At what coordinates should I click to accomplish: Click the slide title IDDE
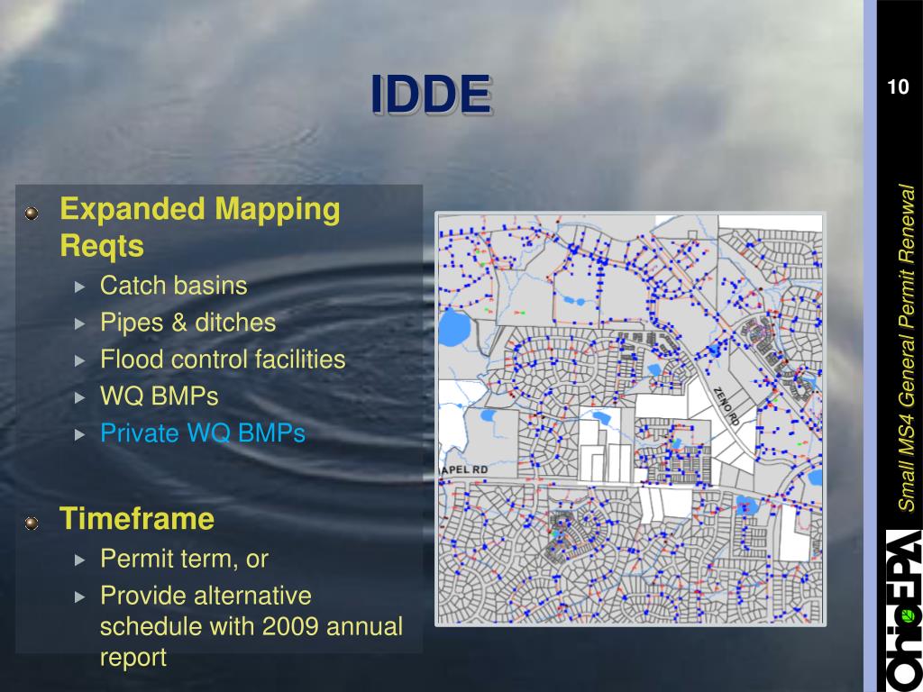432,96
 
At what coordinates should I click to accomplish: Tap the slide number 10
898,87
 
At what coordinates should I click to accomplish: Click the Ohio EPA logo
902,609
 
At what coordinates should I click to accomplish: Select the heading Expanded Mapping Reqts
199,227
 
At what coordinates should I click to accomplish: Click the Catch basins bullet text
173,286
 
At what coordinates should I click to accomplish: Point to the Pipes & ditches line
187,323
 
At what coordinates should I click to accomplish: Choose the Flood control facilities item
223,360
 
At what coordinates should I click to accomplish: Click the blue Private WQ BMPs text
202,433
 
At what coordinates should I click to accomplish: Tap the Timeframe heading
136,519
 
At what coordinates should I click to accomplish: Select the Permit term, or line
184,559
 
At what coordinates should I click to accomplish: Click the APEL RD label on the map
462,470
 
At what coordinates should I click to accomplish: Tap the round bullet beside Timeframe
32,522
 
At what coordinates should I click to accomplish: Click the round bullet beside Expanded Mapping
32,213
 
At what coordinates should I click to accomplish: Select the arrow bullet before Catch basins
80,287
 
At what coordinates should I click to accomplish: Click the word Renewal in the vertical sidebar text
906,222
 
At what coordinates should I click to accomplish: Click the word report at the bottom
133,657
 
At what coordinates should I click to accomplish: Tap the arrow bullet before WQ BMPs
80,397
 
